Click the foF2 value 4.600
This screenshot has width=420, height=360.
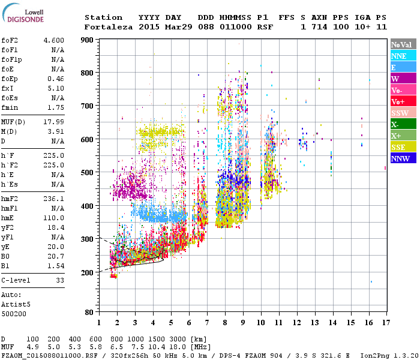click(54, 40)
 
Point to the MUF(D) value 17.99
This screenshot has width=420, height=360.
click(54, 122)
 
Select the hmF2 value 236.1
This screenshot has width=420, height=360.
click(54, 198)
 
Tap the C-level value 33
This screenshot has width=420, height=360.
click(60, 280)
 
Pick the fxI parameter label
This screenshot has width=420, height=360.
click(7, 88)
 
